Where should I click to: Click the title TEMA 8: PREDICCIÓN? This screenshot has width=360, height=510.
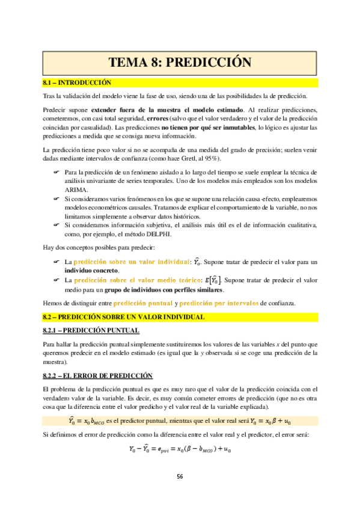coord(180,62)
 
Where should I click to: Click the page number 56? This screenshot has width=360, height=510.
coord(180,476)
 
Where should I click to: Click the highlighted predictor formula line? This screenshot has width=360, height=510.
coord(180,420)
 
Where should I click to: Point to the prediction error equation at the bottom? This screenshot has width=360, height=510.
coord(180,449)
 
